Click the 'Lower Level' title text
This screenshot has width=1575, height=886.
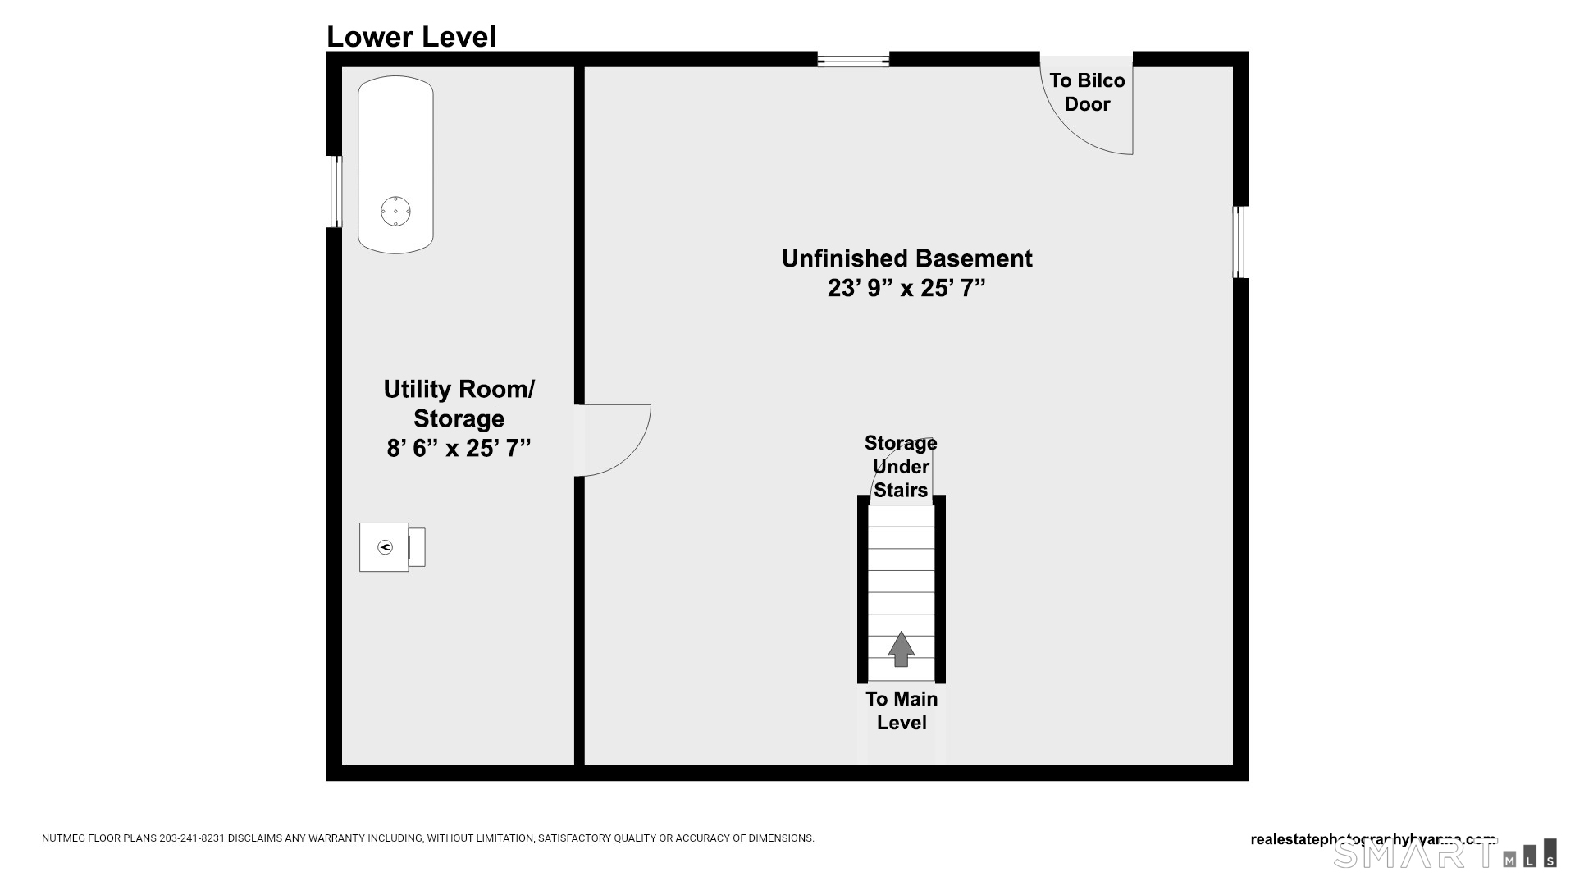coord(411,37)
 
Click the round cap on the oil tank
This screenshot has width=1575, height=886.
coord(395,212)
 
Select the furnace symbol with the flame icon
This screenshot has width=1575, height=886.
coord(385,547)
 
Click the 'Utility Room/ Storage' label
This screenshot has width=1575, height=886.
coord(459,403)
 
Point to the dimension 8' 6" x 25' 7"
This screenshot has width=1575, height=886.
coord(459,448)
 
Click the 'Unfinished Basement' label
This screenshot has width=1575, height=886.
coord(906,258)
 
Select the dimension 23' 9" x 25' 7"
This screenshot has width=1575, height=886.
coord(906,288)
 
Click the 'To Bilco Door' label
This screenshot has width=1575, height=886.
coord(1087,92)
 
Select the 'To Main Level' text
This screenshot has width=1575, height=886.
coord(902,710)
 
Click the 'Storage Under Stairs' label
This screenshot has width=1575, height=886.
coord(901,466)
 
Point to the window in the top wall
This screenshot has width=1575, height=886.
coord(853,59)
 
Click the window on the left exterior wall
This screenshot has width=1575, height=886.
coord(334,191)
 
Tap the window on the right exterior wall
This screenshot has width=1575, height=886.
coord(1240,242)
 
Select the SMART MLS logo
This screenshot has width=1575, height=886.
coord(1444,854)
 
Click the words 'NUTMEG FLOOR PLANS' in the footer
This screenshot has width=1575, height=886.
coord(98,838)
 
